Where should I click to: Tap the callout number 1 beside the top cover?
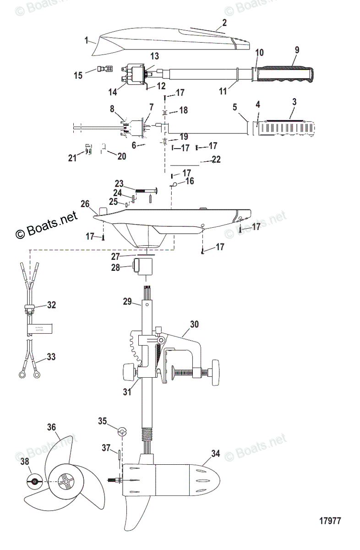(x=86, y=40)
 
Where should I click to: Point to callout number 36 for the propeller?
(x=51, y=428)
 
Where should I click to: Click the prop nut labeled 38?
(x=34, y=481)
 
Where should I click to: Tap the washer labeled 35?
(x=122, y=432)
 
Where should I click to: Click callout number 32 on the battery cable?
(x=51, y=304)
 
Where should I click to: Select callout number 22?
(x=216, y=159)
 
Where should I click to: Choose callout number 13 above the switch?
(x=154, y=56)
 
